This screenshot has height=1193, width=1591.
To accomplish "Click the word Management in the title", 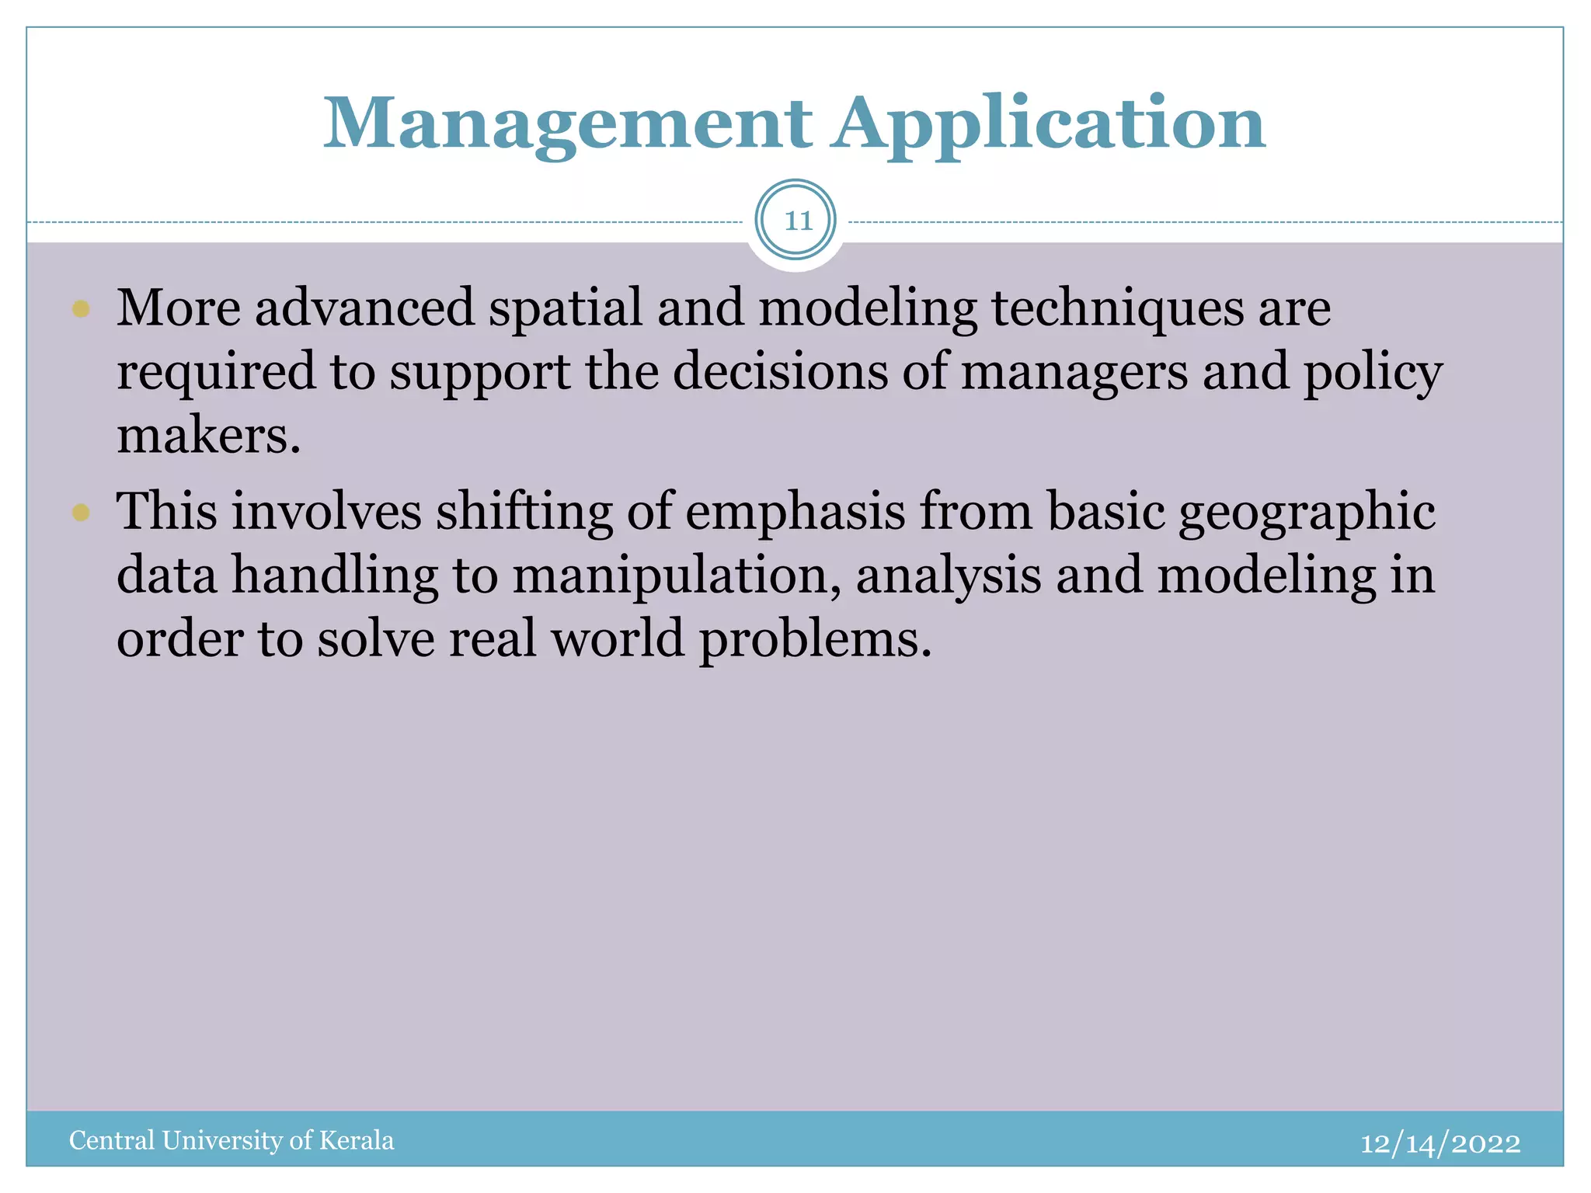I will point(567,124).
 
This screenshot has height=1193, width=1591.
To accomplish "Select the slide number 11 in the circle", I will point(795,221).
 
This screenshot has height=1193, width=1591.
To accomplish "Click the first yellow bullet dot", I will point(81,310).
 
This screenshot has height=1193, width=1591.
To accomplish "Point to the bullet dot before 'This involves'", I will point(81,513).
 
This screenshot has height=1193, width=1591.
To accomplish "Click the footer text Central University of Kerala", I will point(232,1140).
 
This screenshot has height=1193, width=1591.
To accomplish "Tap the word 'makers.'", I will point(208,435).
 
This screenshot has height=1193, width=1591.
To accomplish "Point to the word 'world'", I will point(618,639).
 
